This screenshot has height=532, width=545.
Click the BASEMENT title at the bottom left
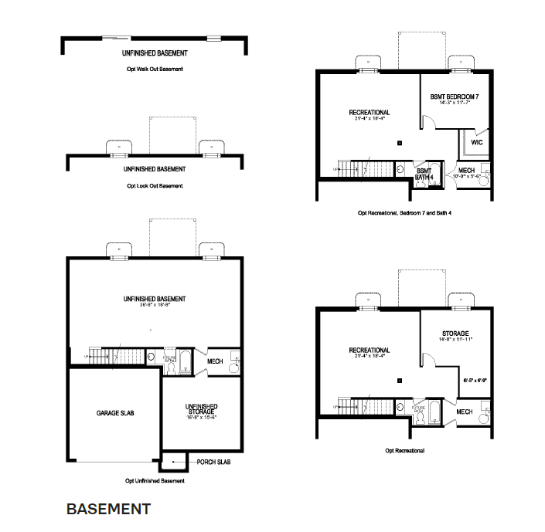[108, 509]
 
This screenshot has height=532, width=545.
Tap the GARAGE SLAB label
[115, 413]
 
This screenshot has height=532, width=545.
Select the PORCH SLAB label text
[215, 463]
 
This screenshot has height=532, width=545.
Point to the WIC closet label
[476, 142]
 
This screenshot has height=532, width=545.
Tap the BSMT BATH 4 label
[424, 173]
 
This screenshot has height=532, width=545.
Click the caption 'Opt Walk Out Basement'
[155, 69]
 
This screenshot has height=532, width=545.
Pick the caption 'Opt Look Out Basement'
[155, 186]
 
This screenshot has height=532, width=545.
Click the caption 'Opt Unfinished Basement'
[155, 480]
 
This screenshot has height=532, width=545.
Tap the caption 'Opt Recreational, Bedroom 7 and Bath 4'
[405, 212]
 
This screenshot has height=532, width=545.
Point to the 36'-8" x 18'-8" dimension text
[154, 306]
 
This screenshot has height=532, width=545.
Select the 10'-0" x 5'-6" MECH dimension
[466, 176]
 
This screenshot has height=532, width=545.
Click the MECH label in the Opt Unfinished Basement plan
[215, 360]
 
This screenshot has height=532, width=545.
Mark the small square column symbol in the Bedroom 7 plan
[400, 143]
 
